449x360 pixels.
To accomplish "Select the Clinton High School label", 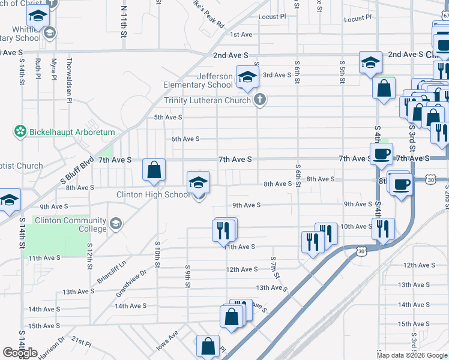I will [152, 195].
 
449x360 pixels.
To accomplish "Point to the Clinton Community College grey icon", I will [115, 224].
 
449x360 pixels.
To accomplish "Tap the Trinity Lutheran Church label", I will [207, 100].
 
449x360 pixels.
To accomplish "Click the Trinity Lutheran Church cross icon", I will [259, 99].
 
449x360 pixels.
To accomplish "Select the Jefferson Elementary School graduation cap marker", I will [246, 76].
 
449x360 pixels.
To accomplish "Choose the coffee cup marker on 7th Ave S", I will [380, 155].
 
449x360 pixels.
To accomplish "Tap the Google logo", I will [20, 353].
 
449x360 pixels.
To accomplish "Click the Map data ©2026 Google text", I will [412, 355].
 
